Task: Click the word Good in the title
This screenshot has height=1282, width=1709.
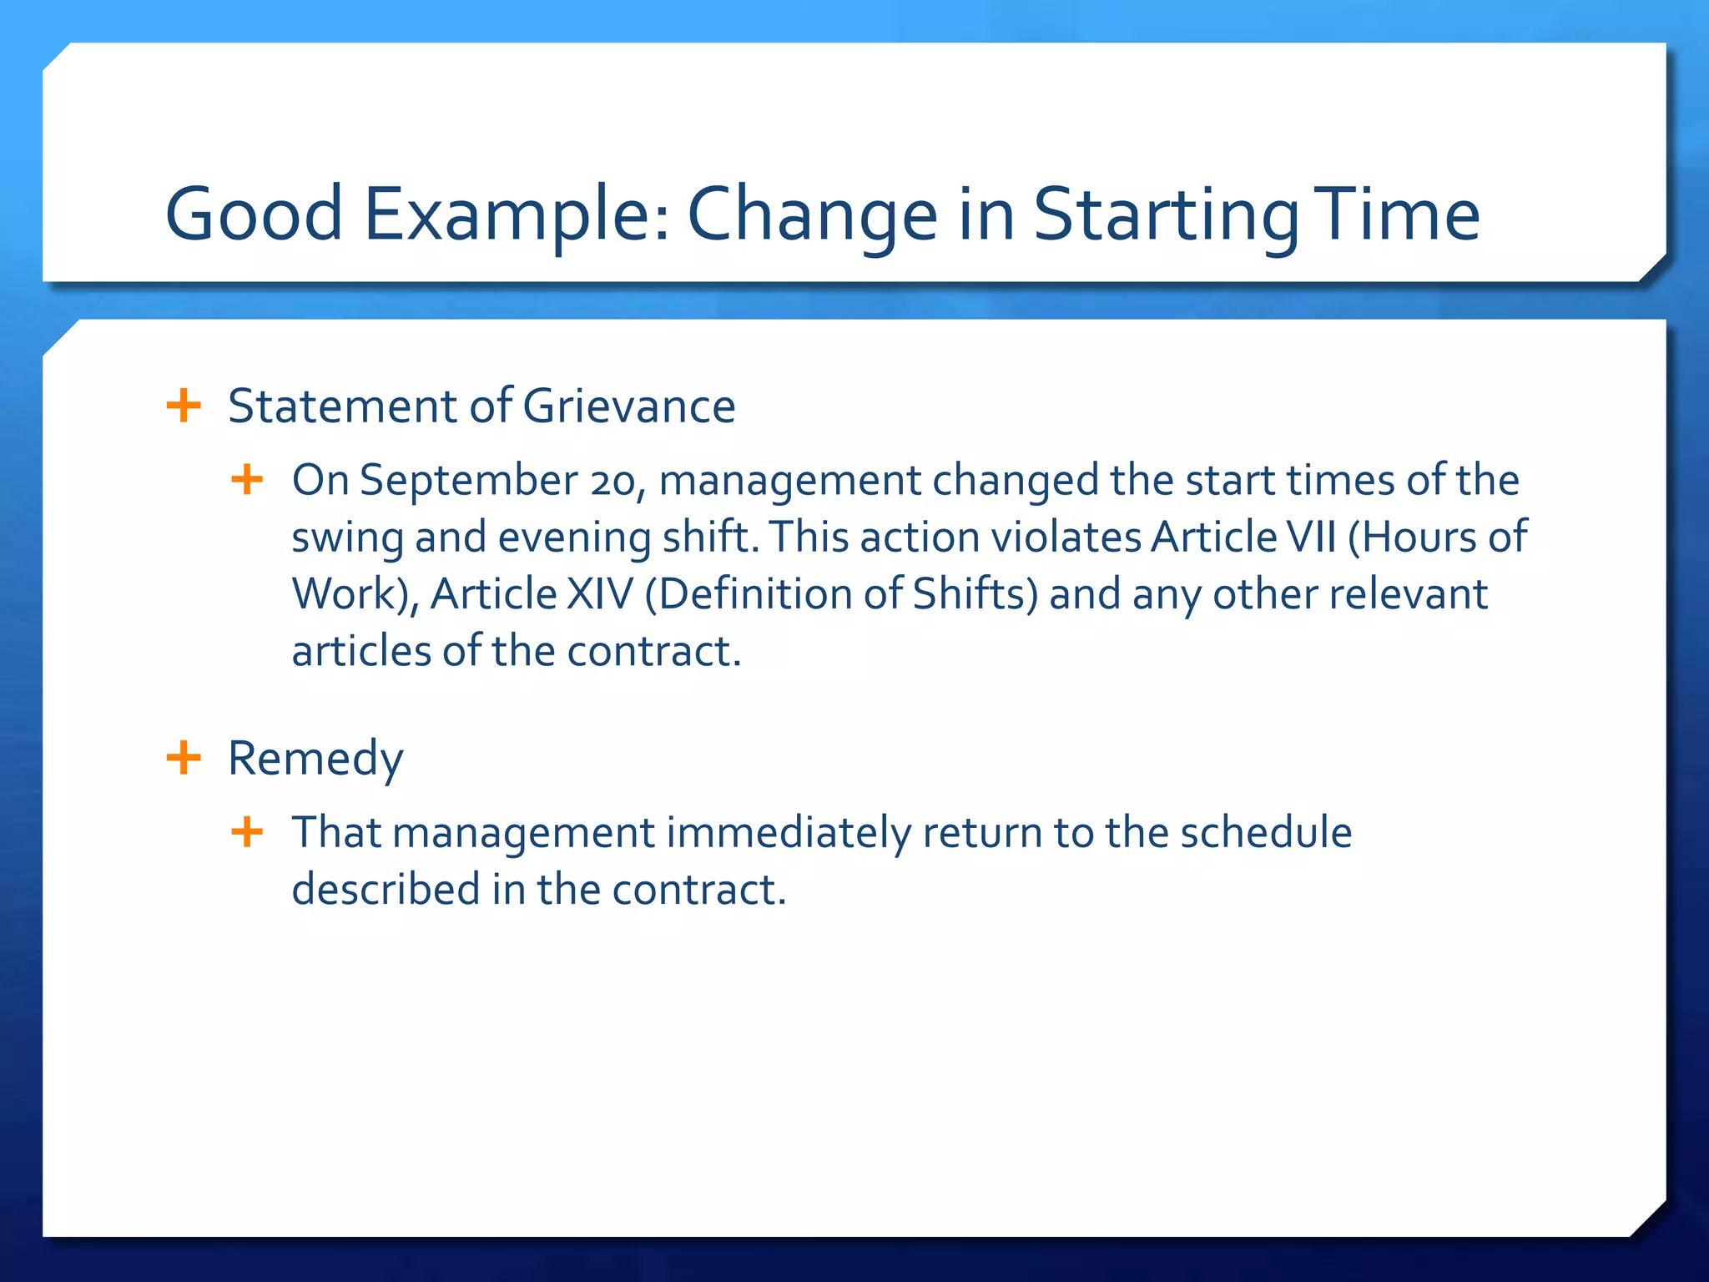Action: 254,214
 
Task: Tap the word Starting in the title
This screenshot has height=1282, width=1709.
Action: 1166,214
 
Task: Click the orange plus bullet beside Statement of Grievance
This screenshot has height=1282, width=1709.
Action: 184,406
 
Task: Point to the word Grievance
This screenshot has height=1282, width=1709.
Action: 629,406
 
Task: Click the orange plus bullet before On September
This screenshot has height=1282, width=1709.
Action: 247,480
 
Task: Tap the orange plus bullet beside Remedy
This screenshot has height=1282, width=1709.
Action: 184,758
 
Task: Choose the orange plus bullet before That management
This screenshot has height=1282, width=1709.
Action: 247,832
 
